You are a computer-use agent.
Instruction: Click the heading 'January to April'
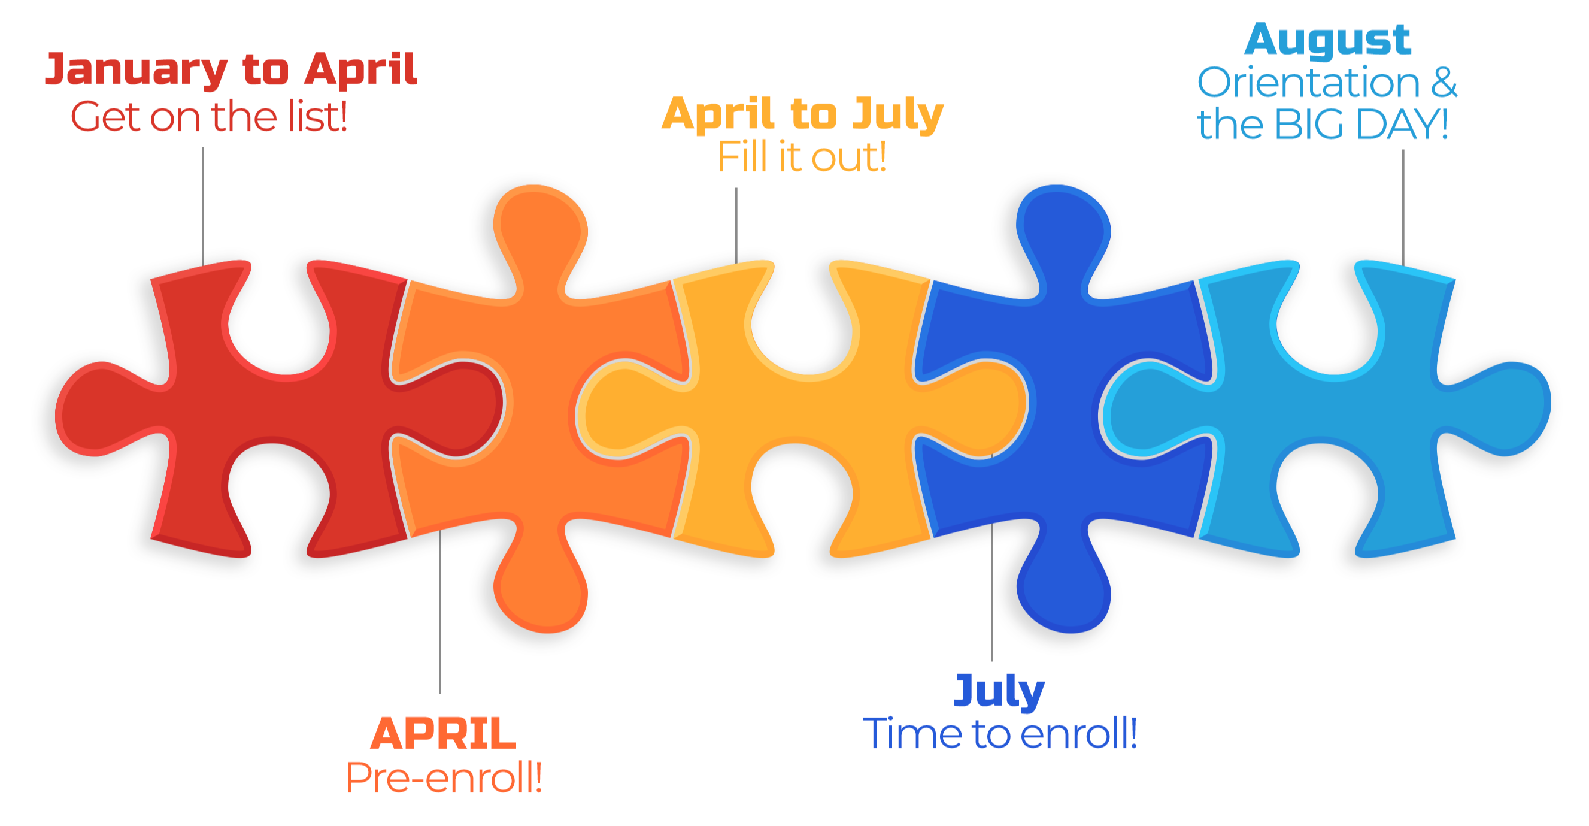click(x=231, y=70)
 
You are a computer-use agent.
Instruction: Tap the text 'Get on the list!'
click(x=209, y=117)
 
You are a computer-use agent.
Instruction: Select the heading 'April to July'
click(x=802, y=115)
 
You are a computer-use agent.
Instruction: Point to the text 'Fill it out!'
click(x=802, y=157)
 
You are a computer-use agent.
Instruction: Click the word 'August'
click(x=1327, y=41)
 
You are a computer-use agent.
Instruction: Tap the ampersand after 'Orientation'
click(x=1444, y=83)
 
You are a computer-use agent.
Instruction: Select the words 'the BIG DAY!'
click(x=1323, y=124)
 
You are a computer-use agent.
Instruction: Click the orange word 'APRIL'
click(x=443, y=734)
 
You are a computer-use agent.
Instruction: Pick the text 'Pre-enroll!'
click(x=444, y=777)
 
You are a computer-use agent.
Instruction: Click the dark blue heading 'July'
click(x=999, y=691)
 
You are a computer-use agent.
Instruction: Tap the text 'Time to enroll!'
click(x=999, y=733)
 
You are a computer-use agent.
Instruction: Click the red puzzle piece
click(x=278, y=407)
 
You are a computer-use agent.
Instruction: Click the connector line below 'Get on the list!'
click(x=203, y=206)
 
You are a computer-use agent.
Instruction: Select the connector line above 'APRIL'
click(x=440, y=611)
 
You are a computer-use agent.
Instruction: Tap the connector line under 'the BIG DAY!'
click(x=1403, y=207)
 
